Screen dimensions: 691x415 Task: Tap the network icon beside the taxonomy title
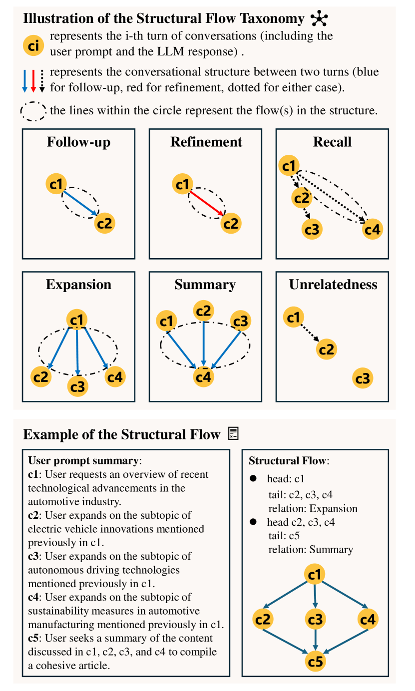pyautogui.click(x=319, y=19)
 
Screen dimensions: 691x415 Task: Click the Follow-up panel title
pyautogui.click(x=78, y=142)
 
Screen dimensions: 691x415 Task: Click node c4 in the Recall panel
pyautogui.click(x=372, y=229)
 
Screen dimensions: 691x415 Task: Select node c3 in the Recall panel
pyautogui.click(x=312, y=229)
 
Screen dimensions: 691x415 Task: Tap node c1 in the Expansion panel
pyautogui.click(x=77, y=320)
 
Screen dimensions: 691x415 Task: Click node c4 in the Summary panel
pyautogui.click(x=204, y=376)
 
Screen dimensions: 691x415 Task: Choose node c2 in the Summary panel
pyautogui.click(x=203, y=311)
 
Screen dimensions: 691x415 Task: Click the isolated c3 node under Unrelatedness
pyautogui.click(x=363, y=378)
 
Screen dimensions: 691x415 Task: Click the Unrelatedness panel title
pyautogui.click(x=333, y=285)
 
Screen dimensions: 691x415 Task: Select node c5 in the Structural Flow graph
pyautogui.click(x=316, y=662)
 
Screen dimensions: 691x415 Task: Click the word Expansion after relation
pyautogui.click(x=333, y=508)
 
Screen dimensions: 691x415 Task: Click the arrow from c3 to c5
pyautogui.click(x=315, y=641)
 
